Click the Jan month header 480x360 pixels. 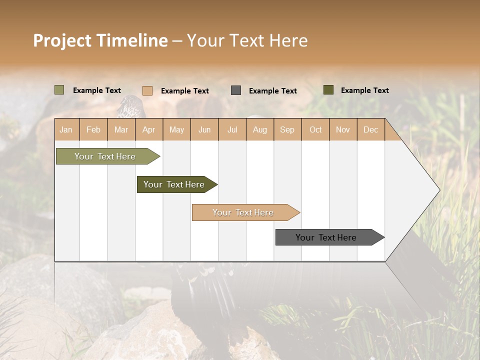point(66,130)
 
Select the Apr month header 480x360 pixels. point(148,130)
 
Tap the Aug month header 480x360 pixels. point(259,130)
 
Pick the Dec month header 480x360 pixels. point(370,130)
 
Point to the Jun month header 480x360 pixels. point(204,130)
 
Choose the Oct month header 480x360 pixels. point(315,130)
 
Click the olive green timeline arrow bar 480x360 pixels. point(105,156)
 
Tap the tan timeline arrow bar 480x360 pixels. point(243,212)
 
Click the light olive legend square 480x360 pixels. point(59,90)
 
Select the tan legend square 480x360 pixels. point(147,90)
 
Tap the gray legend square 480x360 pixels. point(236,90)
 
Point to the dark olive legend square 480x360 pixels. point(328,90)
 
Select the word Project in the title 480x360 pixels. point(62,40)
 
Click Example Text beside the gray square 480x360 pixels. point(272,91)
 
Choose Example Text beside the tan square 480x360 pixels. point(184,91)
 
